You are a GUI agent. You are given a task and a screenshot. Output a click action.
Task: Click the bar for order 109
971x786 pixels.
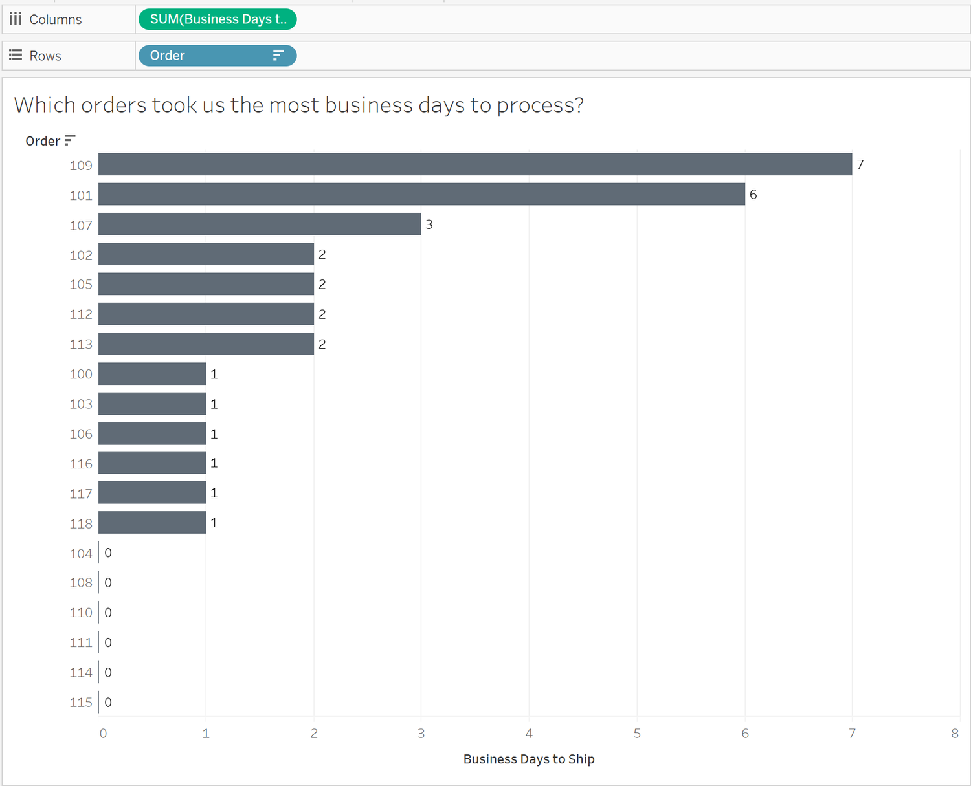pyautogui.click(x=474, y=164)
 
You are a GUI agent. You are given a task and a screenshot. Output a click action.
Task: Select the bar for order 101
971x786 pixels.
pyautogui.click(x=421, y=194)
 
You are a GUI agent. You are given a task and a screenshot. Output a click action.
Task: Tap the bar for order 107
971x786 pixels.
pyautogui.click(x=260, y=224)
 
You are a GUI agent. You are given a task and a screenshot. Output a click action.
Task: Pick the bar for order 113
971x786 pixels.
pyautogui.click(x=206, y=344)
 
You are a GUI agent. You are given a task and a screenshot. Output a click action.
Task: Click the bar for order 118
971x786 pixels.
pyautogui.click(x=152, y=523)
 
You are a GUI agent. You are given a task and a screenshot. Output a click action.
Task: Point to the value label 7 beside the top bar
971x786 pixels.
pyautogui.click(x=860, y=164)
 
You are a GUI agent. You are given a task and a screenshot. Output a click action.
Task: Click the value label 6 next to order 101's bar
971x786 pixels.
pyautogui.click(x=753, y=195)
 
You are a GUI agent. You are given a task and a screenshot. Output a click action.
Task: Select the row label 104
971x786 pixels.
pyautogui.click(x=81, y=554)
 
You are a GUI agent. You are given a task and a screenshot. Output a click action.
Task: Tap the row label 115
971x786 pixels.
pyautogui.click(x=81, y=703)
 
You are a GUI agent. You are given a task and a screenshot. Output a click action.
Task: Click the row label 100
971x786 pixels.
pyautogui.click(x=81, y=374)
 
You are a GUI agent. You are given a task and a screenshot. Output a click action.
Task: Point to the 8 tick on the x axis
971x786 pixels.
pyautogui.click(x=955, y=734)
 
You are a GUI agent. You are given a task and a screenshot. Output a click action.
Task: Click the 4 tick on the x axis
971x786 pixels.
pyautogui.click(x=529, y=734)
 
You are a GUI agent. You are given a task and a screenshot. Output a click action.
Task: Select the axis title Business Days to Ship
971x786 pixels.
pyautogui.click(x=529, y=759)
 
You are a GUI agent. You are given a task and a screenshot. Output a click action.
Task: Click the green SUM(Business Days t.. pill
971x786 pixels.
pyautogui.click(x=218, y=19)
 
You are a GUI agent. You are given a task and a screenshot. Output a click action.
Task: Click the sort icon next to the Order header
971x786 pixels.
pyautogui.click(x=70, y=140)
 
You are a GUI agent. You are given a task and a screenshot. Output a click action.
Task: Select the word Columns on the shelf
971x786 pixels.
pyautogui.click(x=56, y=19)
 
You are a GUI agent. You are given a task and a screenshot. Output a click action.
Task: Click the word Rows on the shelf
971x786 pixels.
pyautogui.click(x=45, y=56)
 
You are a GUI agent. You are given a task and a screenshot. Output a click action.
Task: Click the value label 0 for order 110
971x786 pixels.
pyautogui.click(x=108, y=613)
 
